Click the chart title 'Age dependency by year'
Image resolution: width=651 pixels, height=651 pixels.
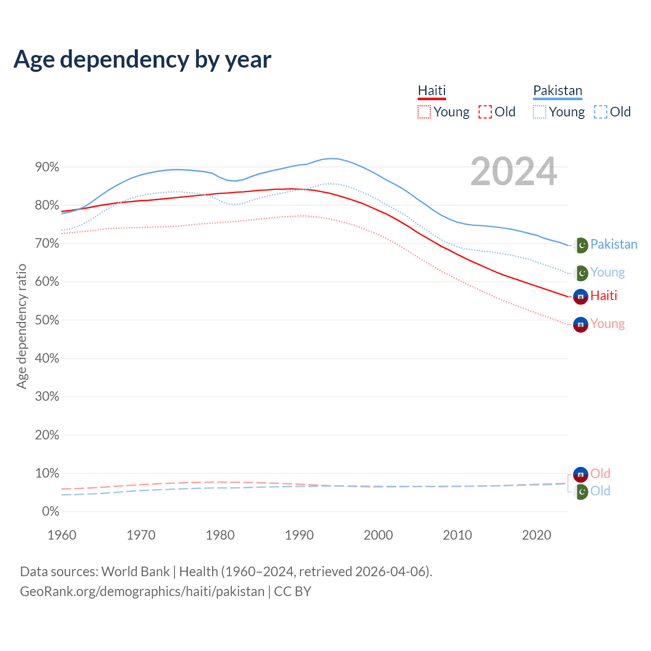(142, 60)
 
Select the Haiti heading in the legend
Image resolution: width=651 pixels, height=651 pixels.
(432, 91)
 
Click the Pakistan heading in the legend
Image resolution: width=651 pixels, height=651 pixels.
(557, 91)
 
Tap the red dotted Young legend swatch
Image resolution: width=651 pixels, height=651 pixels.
(424, 112)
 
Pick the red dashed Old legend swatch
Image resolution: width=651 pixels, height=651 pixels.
(485, 112)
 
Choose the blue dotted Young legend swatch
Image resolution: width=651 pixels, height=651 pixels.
(540, 112)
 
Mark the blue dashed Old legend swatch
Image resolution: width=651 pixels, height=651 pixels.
(601, 112)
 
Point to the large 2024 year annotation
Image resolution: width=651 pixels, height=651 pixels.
(514, 172)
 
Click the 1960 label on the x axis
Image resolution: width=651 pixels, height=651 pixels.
(62, 535)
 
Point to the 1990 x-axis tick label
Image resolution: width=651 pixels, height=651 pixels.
(300, 535)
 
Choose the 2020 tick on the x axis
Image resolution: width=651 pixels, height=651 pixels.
(537, 535)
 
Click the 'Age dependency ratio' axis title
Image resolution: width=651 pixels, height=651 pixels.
(21, 326)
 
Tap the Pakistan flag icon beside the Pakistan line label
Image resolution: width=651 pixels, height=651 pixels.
(581, 245)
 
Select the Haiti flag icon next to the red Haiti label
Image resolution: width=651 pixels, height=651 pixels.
(581, 296)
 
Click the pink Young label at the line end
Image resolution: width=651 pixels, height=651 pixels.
(607, 324)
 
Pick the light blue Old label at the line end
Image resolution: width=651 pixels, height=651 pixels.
(600, 491)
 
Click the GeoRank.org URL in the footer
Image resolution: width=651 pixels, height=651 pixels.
(142, 591)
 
